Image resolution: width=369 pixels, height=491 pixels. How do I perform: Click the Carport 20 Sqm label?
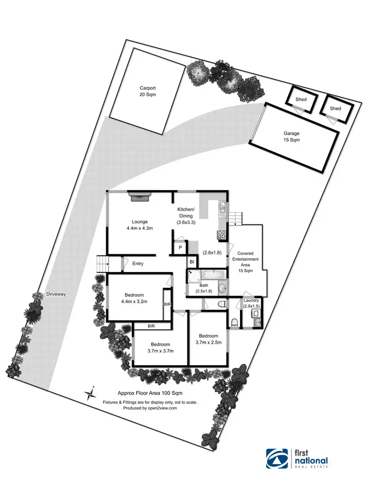click(x=147, y=91)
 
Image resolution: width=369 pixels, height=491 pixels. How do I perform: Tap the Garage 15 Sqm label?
click(x=291, y=136)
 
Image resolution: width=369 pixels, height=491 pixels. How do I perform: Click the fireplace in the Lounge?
click(x=139, y=197)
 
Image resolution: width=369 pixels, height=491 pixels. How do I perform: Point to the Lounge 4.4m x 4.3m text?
click(x=140, y=225)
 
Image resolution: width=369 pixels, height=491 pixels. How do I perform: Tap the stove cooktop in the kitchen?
click(x=222, y=234)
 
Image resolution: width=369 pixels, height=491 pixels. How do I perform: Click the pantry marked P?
click(x=181, y=248)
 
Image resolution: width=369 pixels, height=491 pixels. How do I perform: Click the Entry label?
click(x=138, y=264)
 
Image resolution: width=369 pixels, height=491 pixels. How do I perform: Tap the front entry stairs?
click(x=102, y=264)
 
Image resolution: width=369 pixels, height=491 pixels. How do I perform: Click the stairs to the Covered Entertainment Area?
click(x=236, y=217)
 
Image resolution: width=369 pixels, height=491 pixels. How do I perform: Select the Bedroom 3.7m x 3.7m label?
click(x=161, y=348)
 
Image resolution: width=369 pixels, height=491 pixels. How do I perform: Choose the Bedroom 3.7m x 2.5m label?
click(x=208, y=339)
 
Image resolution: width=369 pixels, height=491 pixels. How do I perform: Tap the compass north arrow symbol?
click(x=90, y=392)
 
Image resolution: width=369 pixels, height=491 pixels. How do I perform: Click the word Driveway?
click(x=56, y=294)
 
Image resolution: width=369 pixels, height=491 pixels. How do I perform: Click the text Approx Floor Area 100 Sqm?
click(x=150, y=393)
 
